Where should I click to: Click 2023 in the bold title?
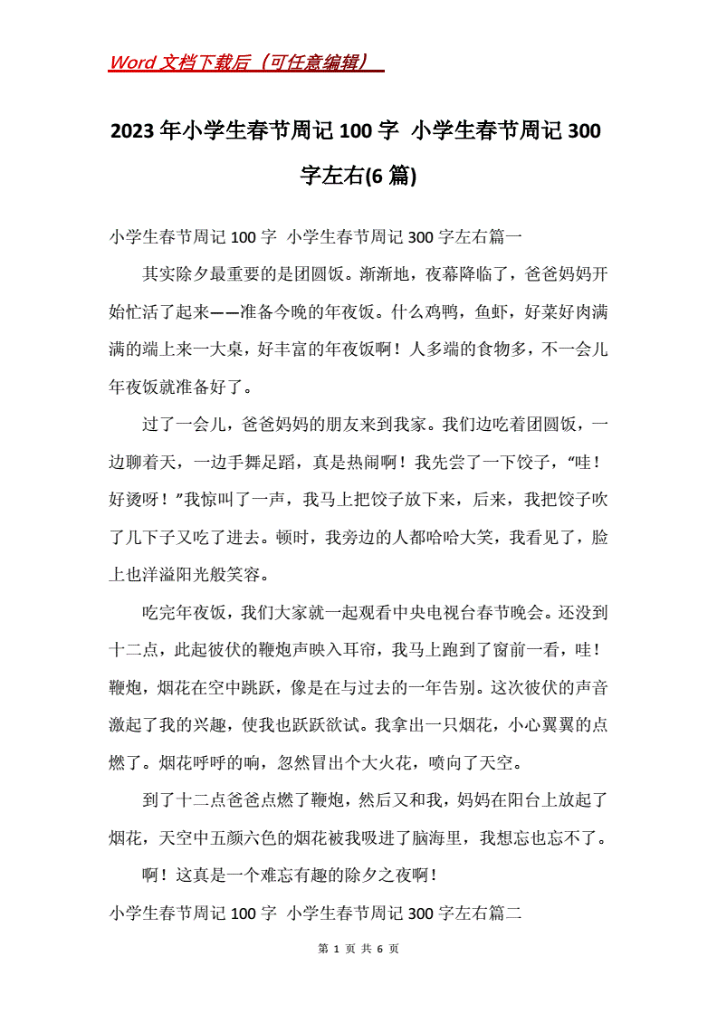133,131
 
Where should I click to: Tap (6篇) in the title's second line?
389,175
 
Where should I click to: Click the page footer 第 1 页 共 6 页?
358,948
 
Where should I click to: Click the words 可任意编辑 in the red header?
313,62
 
